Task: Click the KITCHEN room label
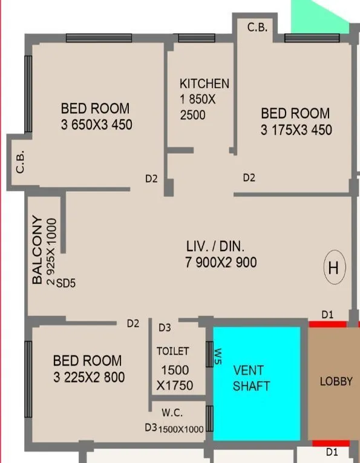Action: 204,84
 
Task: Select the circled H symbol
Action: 333,268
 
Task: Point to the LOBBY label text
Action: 336,382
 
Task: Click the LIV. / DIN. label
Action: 215,247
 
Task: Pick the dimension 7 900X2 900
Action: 221,262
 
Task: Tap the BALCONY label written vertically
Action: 38,249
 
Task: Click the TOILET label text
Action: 173,351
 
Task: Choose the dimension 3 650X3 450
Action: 96,125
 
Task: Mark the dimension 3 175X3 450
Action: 296,130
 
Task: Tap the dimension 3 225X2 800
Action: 88,377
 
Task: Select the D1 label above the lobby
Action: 327,315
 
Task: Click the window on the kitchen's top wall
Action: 196,38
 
